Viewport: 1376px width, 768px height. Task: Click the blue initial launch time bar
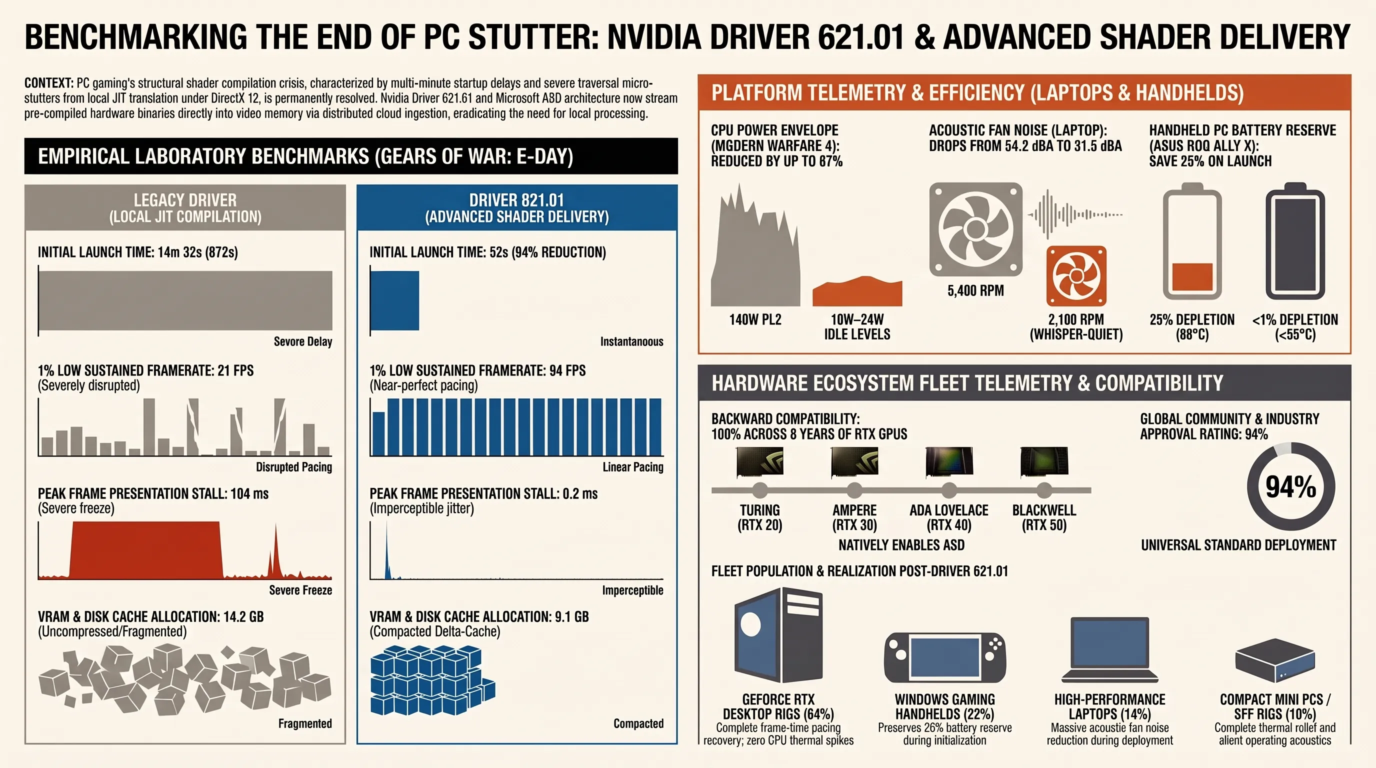click(x=394, y=300)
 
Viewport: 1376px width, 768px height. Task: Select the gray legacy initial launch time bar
click(x=186, y=300)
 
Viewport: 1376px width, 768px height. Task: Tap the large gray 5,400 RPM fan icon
click(x=976, y=229)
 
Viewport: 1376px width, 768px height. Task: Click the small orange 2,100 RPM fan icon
click(x=1076, y=276)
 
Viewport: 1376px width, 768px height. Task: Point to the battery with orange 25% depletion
click(x=1192, y=241)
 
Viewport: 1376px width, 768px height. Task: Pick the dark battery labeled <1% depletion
click(x=1295, y=241)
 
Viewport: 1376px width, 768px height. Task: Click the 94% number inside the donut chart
click(x=1291, y=486)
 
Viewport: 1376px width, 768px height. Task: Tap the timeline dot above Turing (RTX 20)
click(x=759, y=489)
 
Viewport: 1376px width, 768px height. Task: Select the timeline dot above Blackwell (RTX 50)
click(x=1044, y=489)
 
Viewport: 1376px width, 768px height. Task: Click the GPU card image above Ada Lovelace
click(x=949, y=461)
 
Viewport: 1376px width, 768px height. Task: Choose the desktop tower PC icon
click(x=778, y=635)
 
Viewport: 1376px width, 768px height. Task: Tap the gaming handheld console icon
click(x=945, y=658)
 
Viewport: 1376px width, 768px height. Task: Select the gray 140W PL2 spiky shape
click(x=755, y=245)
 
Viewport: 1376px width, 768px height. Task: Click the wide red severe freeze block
click(x=146, y=549)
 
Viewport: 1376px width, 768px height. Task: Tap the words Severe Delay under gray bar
click(x=303, y=342)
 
